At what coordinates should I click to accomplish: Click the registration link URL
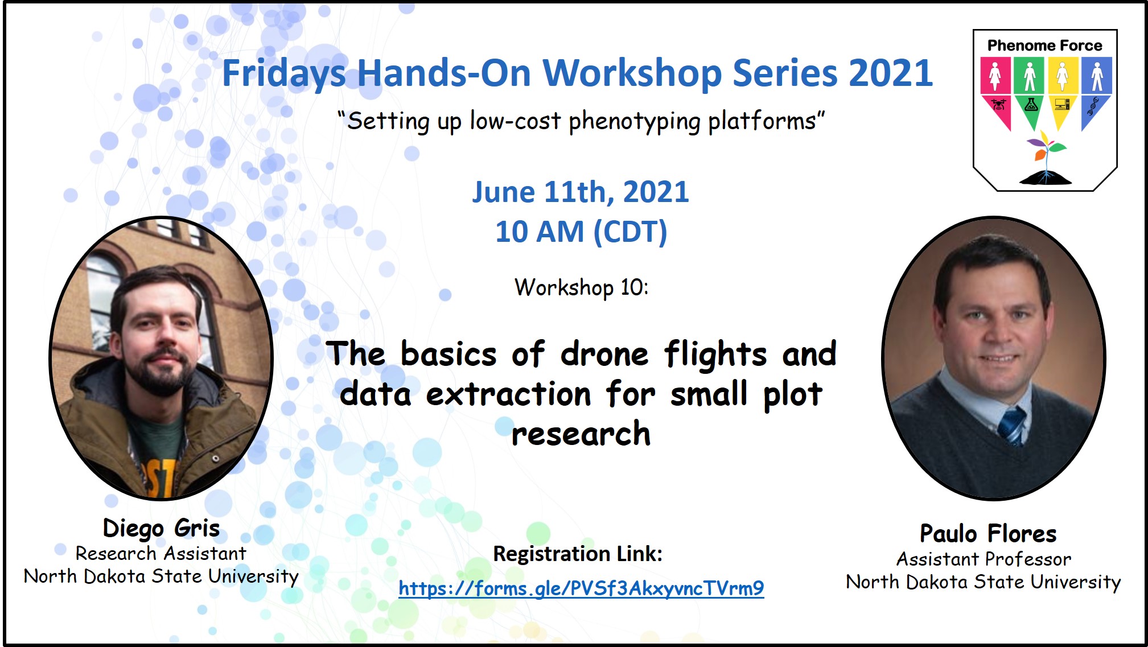pyautogui.click(x=581, y=588)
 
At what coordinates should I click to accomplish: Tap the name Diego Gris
pyautogui.click(x=161, y=528)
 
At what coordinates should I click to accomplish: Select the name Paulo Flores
pyautogui.click(x=988, y=534)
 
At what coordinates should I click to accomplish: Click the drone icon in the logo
pyautogui.click(x=998, y=105)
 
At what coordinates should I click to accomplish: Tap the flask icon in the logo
pyautogui.click(x=1031, y=105)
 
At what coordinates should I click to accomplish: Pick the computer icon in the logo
pyautogui.click(x=1062, y=104)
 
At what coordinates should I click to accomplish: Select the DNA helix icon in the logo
pyautogui.click(x=1093, y=106)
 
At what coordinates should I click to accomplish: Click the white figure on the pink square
pyautogui.click(x=995, y=76)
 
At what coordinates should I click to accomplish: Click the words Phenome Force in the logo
pyautogui.click(x=1045, y=46)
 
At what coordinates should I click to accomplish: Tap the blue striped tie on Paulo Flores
pyautogui.click(x=1011, y=425)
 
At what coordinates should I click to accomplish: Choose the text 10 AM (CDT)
pyautogui.click(x=581, y=232)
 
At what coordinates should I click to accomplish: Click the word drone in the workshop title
pyautogui.click(x=604, y=354)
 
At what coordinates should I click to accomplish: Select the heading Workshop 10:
pyautogui.click(x=581, y=287)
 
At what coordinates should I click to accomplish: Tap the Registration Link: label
pyautogui.click(x=578, y=554)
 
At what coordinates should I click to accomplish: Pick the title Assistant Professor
pyautogui.click(x=984, y=559)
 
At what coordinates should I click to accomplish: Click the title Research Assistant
pyautogui.click(x=161, y=554)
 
